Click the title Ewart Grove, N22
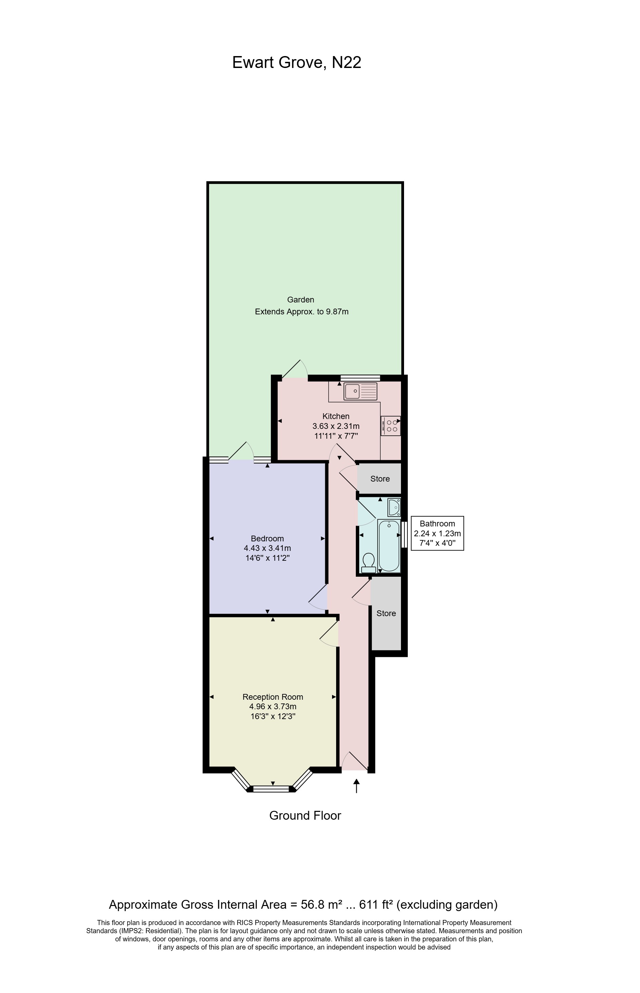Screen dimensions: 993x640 (x=296, y=63)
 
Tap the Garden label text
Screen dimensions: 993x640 (x=300, y=299)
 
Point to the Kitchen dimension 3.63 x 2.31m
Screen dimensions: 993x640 (x=336, y=426)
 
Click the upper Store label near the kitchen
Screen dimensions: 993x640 (x=380, y=479)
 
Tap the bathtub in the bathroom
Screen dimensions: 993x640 (x=389, y=545)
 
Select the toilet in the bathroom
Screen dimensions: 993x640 (x=368, y=562)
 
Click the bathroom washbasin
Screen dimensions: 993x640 (x=394, y=507)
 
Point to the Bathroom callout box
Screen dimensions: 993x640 (x=437, y=533)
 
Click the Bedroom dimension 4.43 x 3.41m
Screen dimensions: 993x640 (x=267, y=548)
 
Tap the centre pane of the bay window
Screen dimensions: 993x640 (x=271, y=789)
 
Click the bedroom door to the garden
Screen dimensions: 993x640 (x=241, y=454)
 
